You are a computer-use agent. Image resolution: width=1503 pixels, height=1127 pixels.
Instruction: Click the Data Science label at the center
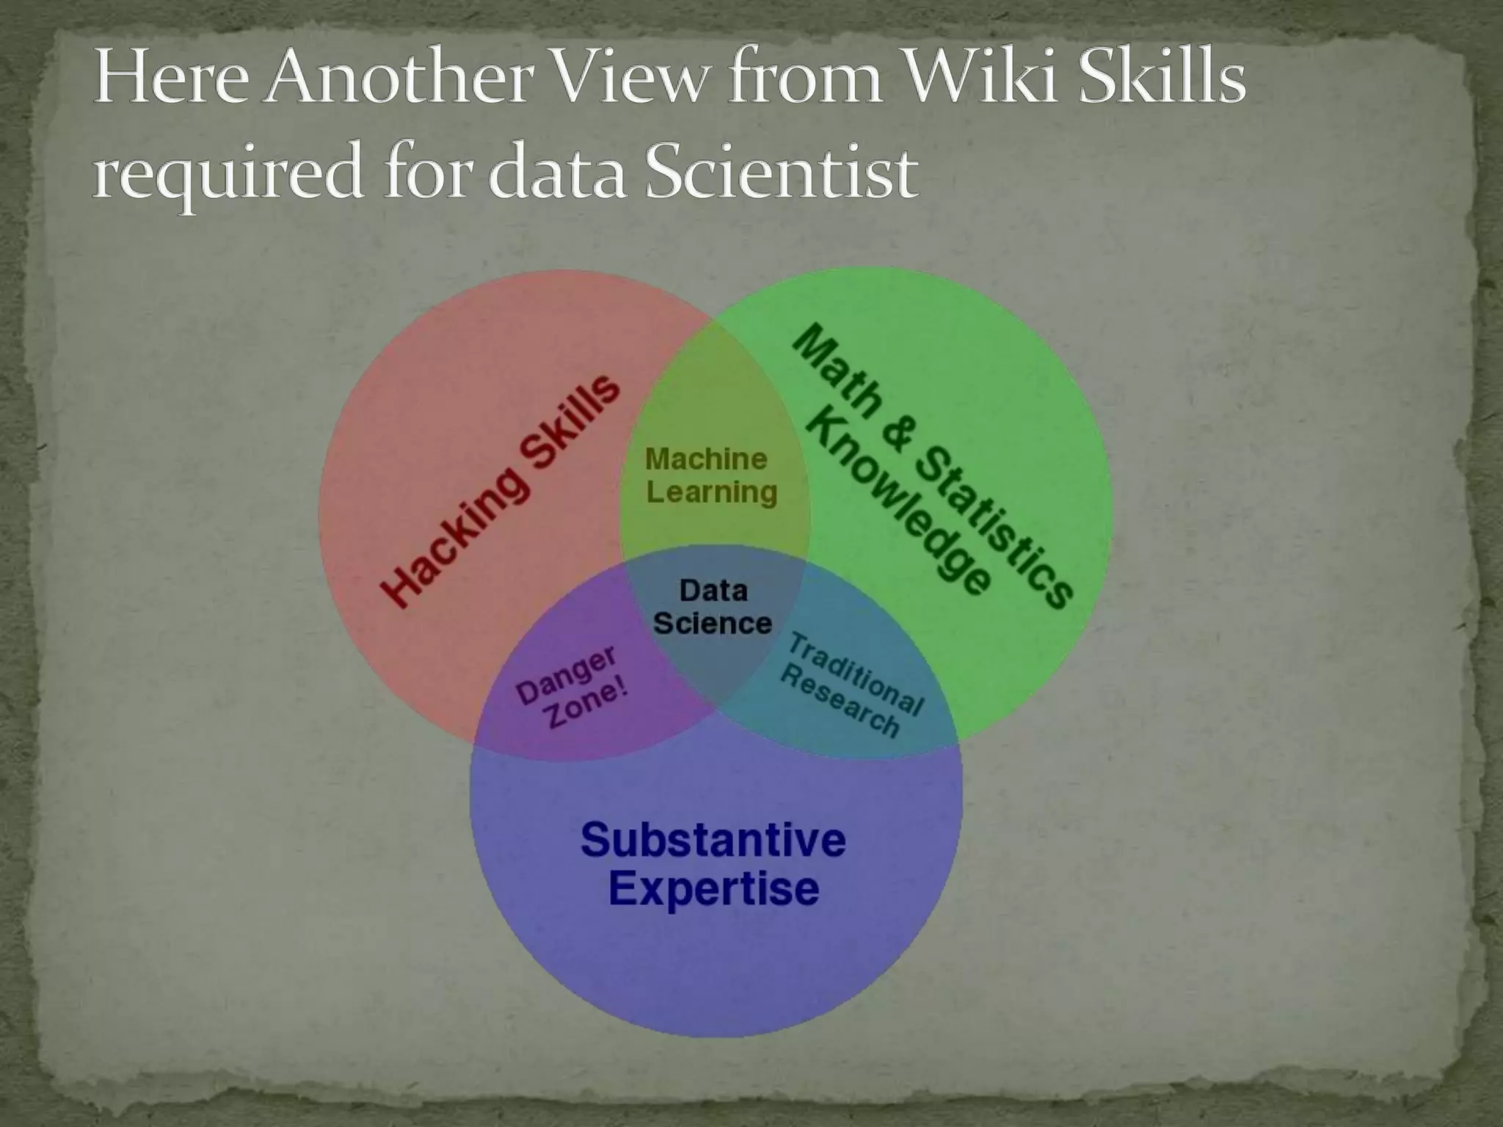pos(713,607)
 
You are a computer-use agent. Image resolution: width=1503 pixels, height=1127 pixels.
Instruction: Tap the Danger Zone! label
pos(572,687)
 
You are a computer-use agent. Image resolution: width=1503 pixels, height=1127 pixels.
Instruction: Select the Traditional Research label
pos(851,685)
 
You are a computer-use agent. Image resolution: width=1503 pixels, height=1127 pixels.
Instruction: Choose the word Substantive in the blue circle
pos(713,839)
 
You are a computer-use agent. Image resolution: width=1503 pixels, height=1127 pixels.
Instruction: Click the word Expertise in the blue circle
pos(713,888)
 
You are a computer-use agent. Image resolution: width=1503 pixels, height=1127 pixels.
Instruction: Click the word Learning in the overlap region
pos(711,492)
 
